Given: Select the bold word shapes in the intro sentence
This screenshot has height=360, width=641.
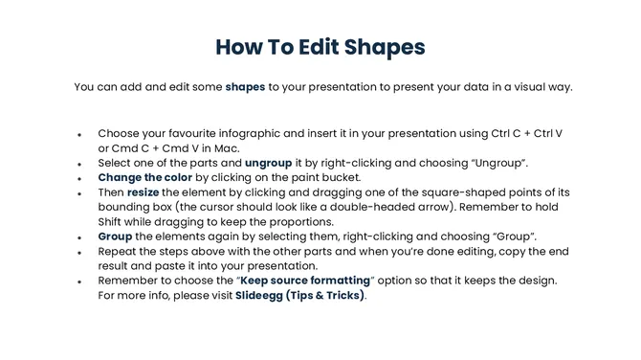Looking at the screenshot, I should (x=245, y=87).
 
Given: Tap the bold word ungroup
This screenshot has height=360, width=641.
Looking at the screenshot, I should (x=268, y=163).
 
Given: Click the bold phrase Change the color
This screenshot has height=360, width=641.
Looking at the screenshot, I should (x=144, y=177).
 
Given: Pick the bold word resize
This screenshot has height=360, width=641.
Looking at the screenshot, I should (x=144, y=192).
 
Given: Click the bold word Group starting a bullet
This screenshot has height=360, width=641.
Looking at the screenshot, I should (x=116, y=236).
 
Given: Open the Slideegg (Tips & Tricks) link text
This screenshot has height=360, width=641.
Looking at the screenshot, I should (x=299, y=295).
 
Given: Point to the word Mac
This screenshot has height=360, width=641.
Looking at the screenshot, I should (x=226, y=148).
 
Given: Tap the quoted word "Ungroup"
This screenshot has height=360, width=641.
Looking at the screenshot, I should (x=525, y=163).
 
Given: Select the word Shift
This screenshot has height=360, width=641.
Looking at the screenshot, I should (x=114, y=221).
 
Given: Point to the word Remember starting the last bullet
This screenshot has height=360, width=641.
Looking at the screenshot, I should (x=129, y=280).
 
